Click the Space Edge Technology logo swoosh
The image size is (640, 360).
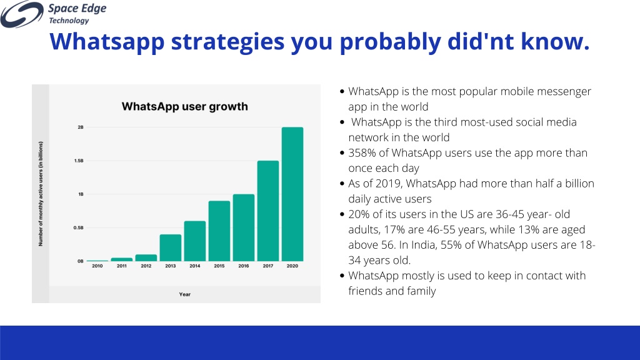[x=22, y=14]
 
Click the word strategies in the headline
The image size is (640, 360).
[x=227, y=42]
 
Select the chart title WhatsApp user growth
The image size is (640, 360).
[x=184, y=106]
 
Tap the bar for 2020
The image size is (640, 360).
[x=292, y=194]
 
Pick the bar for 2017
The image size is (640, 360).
[x=267, y=211]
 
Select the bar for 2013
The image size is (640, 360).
[x=170, y=247]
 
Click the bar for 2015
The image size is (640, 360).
[x=219, y=231]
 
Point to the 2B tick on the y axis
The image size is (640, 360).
[x=81, y=127]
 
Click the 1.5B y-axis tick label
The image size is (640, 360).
[x=79, y=161]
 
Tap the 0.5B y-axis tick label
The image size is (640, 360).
[x=78, y=227]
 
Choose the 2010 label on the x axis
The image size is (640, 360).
[x=97, y=266]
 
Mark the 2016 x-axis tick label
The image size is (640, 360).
[x=244, y=266]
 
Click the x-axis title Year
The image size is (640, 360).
[x=185, y=294]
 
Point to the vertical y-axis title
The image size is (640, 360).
[x=41, y=194]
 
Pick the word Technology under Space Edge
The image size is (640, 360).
[x=69, y=21]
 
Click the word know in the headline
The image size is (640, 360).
[x=555, y=42]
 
